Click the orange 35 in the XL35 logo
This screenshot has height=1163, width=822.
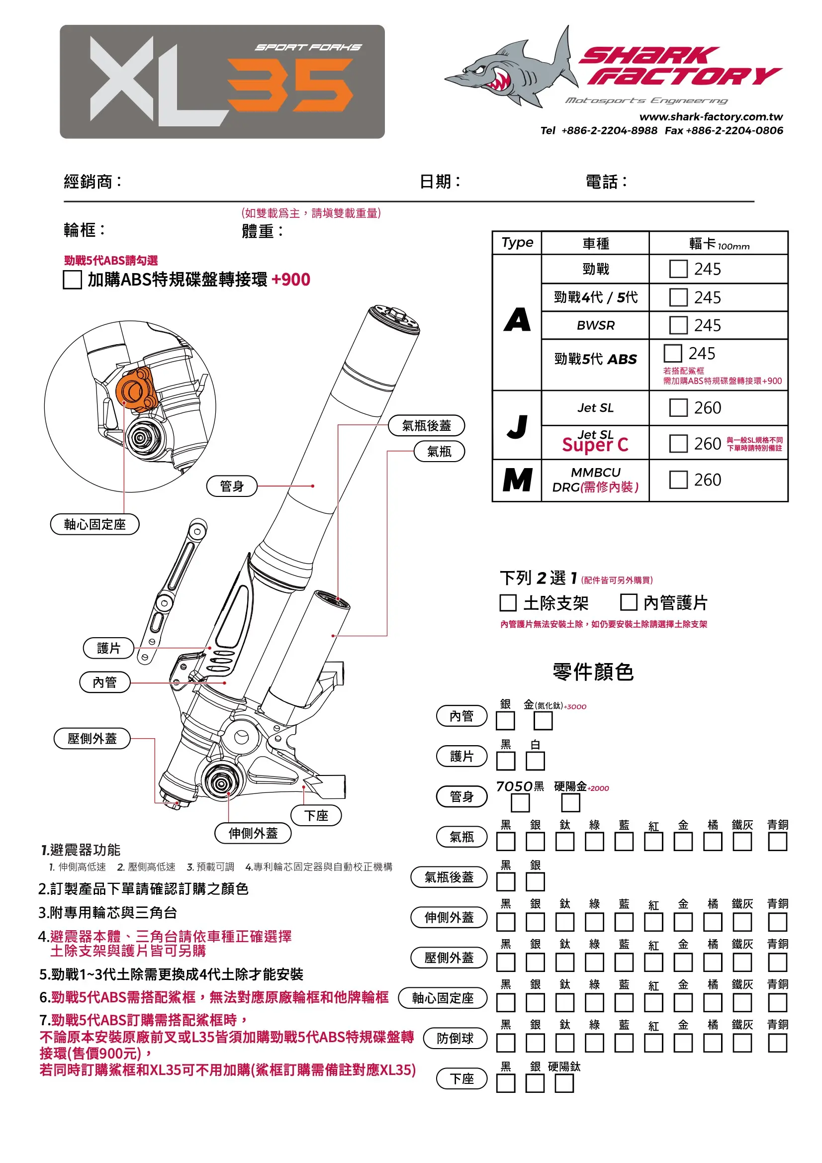tap(290, 85)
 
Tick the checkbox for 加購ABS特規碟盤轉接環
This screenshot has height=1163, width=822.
tap(73, 280)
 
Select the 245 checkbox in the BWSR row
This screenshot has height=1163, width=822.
tap(678, 325)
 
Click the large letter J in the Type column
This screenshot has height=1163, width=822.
tap(517, 426)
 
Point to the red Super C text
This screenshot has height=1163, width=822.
tap(595, 445)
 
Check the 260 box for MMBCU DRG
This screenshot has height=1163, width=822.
tap(678, 480)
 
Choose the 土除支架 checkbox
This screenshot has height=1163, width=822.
tap(508, 603)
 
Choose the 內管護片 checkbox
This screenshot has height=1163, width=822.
tap(628, 602)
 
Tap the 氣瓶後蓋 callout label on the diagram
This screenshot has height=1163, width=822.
tap(426, 425)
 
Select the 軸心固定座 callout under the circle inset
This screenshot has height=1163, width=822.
tap(94, 524)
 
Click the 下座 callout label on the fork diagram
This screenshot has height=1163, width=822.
tap(316, 815)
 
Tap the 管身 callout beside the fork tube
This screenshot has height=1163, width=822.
tap(232, 486)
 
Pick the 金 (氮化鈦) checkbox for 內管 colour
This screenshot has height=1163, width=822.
tap(543, 721)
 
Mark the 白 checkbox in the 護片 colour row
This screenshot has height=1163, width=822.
tap(535, 761)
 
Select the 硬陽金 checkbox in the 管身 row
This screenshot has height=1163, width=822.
tap(570, 803)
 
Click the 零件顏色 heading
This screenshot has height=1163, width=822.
tap(593, 672)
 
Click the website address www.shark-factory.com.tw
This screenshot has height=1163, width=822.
tap(711, 117)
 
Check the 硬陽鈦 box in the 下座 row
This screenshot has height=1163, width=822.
tap(564, 1084)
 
